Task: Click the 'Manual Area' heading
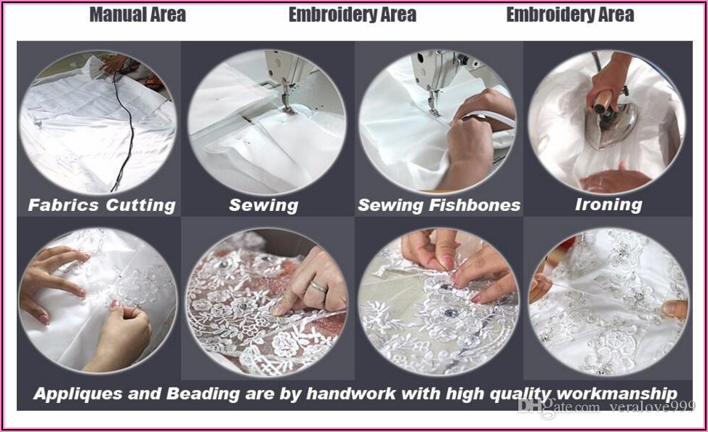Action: [137, 15]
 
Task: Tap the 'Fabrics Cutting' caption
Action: [102, 205]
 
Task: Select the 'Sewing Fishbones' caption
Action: [439, 205]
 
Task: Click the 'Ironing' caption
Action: [608, 204]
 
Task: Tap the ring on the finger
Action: [319, 287]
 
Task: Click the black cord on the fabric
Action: [124, 131]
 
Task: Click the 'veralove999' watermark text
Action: [653, 407]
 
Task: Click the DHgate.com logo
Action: [559, 407]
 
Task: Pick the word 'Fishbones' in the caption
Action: [475, 205]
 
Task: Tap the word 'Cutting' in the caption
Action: [140, 205]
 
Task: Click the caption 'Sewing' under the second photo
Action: [264, 206]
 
